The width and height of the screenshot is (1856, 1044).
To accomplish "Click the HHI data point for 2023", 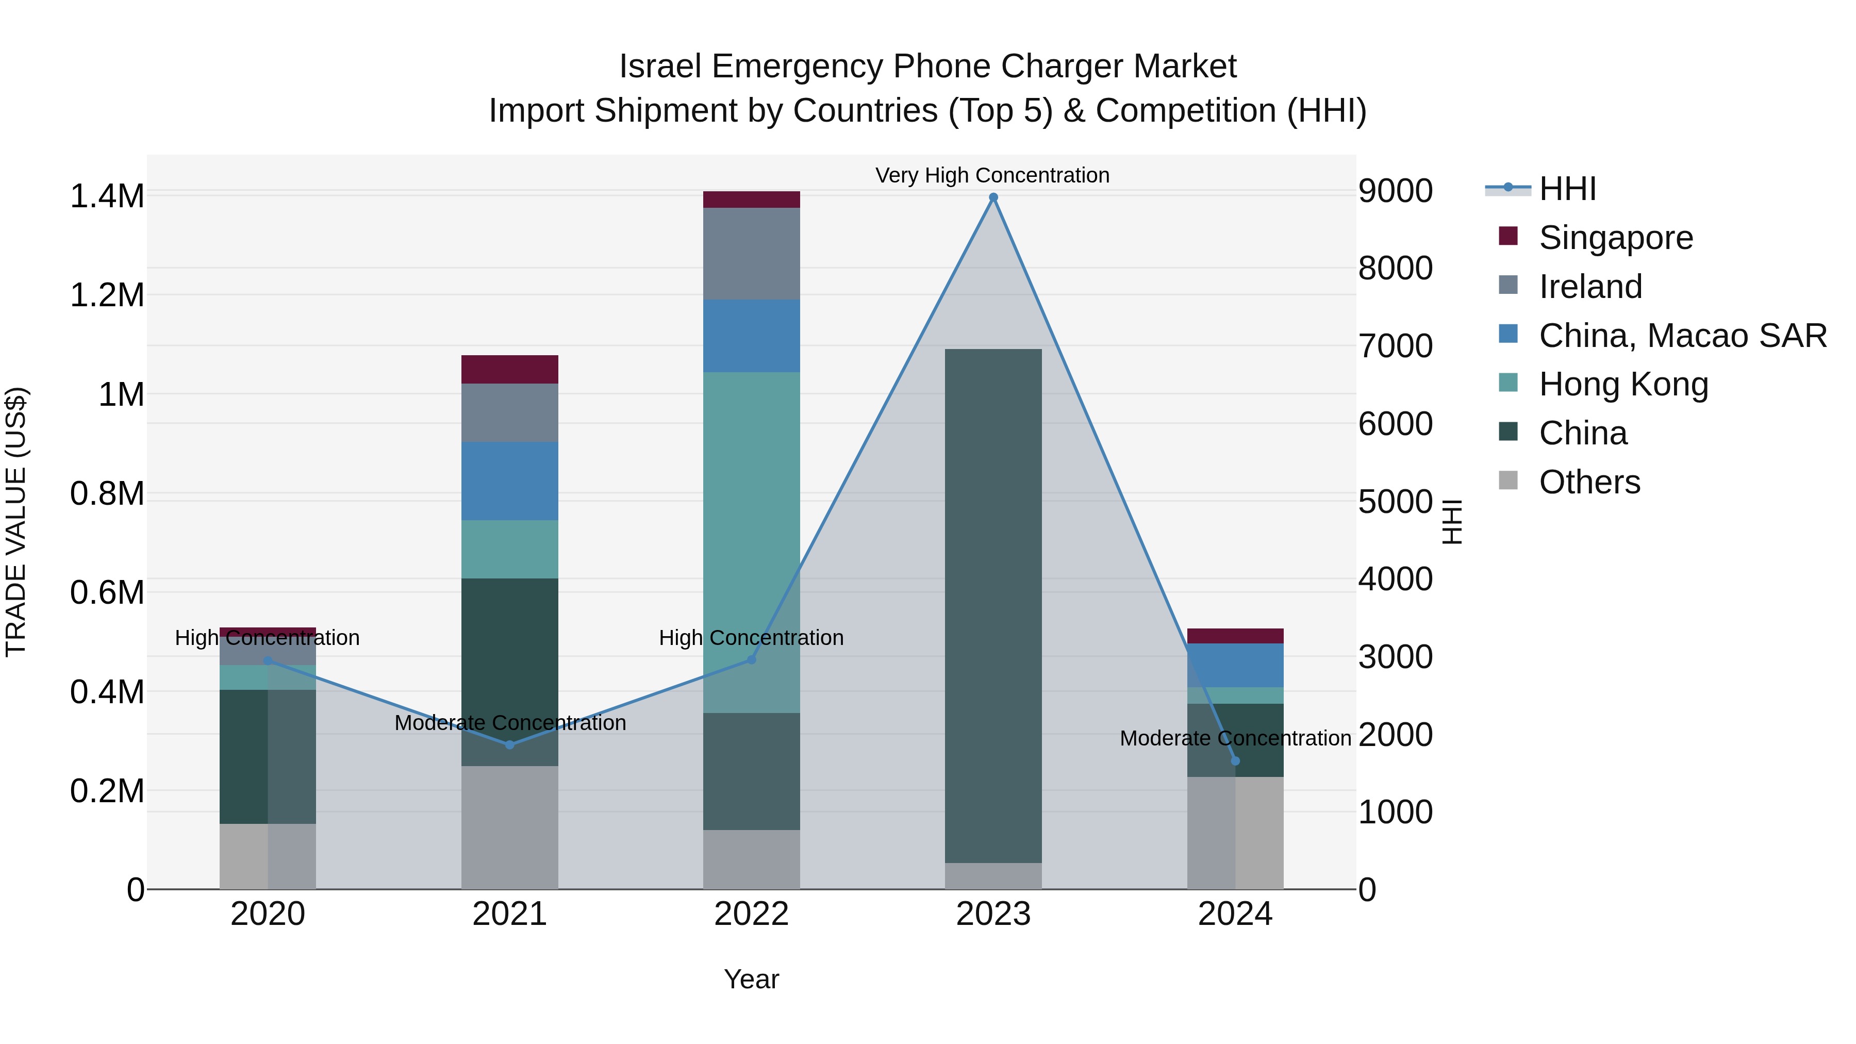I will coord(993,197).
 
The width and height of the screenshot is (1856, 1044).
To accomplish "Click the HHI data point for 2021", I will coord(509,744).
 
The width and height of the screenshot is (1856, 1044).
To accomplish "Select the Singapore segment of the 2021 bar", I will coord(509,369).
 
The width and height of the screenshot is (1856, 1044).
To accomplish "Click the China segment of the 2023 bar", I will coord(993,605).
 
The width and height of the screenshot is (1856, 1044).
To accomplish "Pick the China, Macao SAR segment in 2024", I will coord(1235,665).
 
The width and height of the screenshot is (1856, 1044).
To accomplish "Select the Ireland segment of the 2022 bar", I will coord(752,254).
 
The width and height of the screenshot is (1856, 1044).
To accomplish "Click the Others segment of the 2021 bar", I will coord(509,827).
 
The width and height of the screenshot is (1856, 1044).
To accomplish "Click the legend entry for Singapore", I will coord(1615,237).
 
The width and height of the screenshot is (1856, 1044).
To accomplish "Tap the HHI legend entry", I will coord(1567,189).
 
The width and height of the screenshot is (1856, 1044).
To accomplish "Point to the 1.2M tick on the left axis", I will coord(107,295).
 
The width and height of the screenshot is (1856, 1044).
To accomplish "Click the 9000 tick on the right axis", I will coord(1395,191).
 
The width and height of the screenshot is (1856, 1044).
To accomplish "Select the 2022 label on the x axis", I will coord(752,914).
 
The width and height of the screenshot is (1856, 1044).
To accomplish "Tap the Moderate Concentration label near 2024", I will coord(1235,738).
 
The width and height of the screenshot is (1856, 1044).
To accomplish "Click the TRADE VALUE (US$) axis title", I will coord(16,522).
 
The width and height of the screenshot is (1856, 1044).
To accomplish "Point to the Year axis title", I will coord(752,979).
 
